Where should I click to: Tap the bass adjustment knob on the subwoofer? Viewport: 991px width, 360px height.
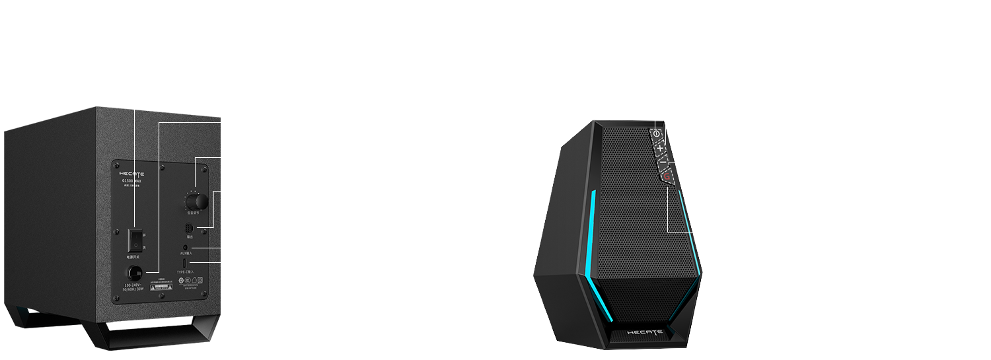click(x=195, y=201)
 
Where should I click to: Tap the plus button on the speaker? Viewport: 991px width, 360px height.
click(x=660, y=148)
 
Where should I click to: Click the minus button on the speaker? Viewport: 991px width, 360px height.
click(x=663, y=162)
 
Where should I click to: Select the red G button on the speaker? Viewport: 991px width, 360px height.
click(x=667, y=176)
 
